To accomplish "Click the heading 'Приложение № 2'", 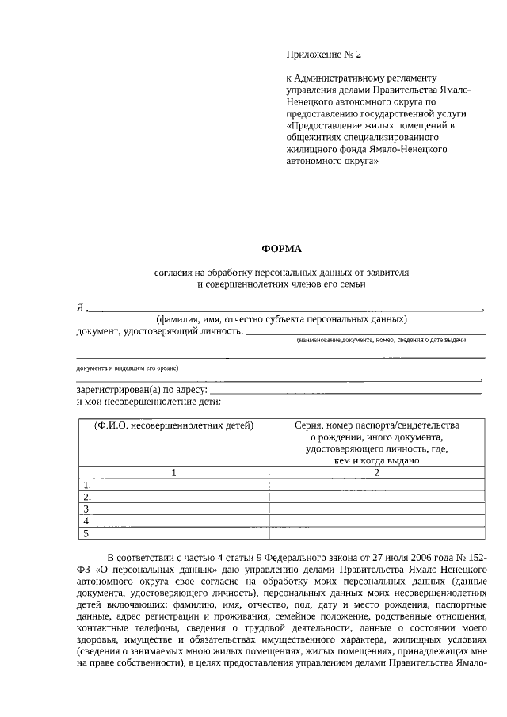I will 323,55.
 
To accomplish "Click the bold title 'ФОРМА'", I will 282,248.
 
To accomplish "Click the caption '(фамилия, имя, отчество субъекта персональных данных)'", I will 281,319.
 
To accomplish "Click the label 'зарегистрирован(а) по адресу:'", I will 143,390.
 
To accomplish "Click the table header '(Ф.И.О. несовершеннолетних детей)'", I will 173,425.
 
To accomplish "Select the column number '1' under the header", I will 173,472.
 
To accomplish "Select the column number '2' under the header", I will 376,472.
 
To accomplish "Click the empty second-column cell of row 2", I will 376,497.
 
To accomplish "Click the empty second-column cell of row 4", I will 376,521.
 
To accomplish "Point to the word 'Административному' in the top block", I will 343,78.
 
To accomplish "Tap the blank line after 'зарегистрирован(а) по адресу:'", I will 346,391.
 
